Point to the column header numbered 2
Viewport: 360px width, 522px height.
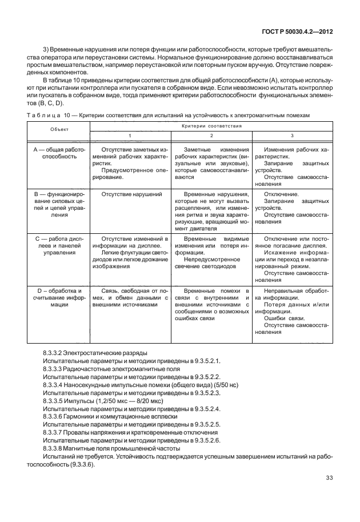pyautogui.click(x=211, y=135)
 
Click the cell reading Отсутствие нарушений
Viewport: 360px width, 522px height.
pyautogui.click(x=131, y=194)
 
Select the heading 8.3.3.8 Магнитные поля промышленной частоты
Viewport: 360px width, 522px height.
pyautogui.click(x=112, y=449)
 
